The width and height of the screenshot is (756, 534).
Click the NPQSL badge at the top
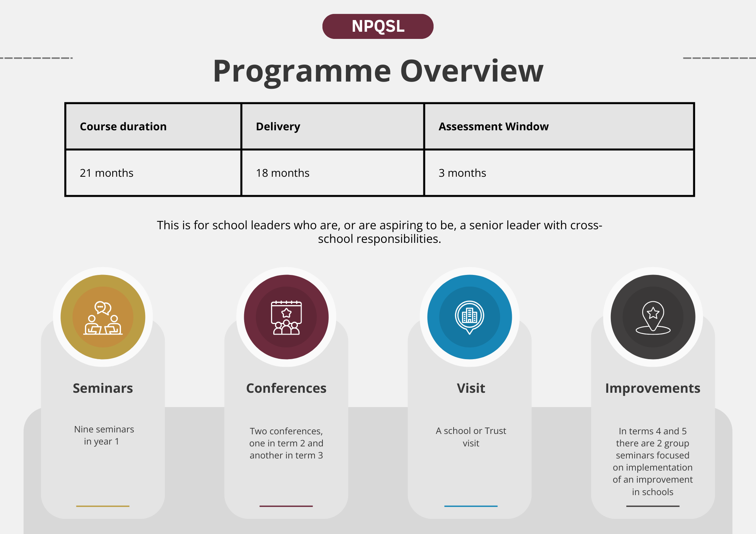(x=378, y=26)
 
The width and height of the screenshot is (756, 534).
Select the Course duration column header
(x=153, y=127)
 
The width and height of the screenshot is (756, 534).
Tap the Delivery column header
(x=333, y=127)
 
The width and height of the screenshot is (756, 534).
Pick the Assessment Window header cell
(x=559, y=127)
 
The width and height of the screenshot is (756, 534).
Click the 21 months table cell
(x=153, y=173)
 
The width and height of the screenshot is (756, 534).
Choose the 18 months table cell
(x=333, y=173)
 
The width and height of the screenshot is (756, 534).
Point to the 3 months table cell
(x=559, y=173)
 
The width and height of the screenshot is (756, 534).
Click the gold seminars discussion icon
(x=103, y=318)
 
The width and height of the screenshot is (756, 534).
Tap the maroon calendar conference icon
(x=286, y=318)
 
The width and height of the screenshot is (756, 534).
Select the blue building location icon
(x=469, y=317)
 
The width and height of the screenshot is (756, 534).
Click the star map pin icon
(x=653, y=318)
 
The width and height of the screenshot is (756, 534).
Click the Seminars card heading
(x=103, y=388)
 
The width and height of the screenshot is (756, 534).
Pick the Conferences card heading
(x=286, y=388)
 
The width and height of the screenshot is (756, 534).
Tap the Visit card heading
(x=471, y=388)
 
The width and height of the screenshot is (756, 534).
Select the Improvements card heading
(x=653, y=388)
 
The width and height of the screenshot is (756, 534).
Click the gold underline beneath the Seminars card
(x=103, y=506)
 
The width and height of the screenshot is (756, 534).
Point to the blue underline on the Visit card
(x=471, y=506)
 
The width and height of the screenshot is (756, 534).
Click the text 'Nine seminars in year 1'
(x=104, y=435)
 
